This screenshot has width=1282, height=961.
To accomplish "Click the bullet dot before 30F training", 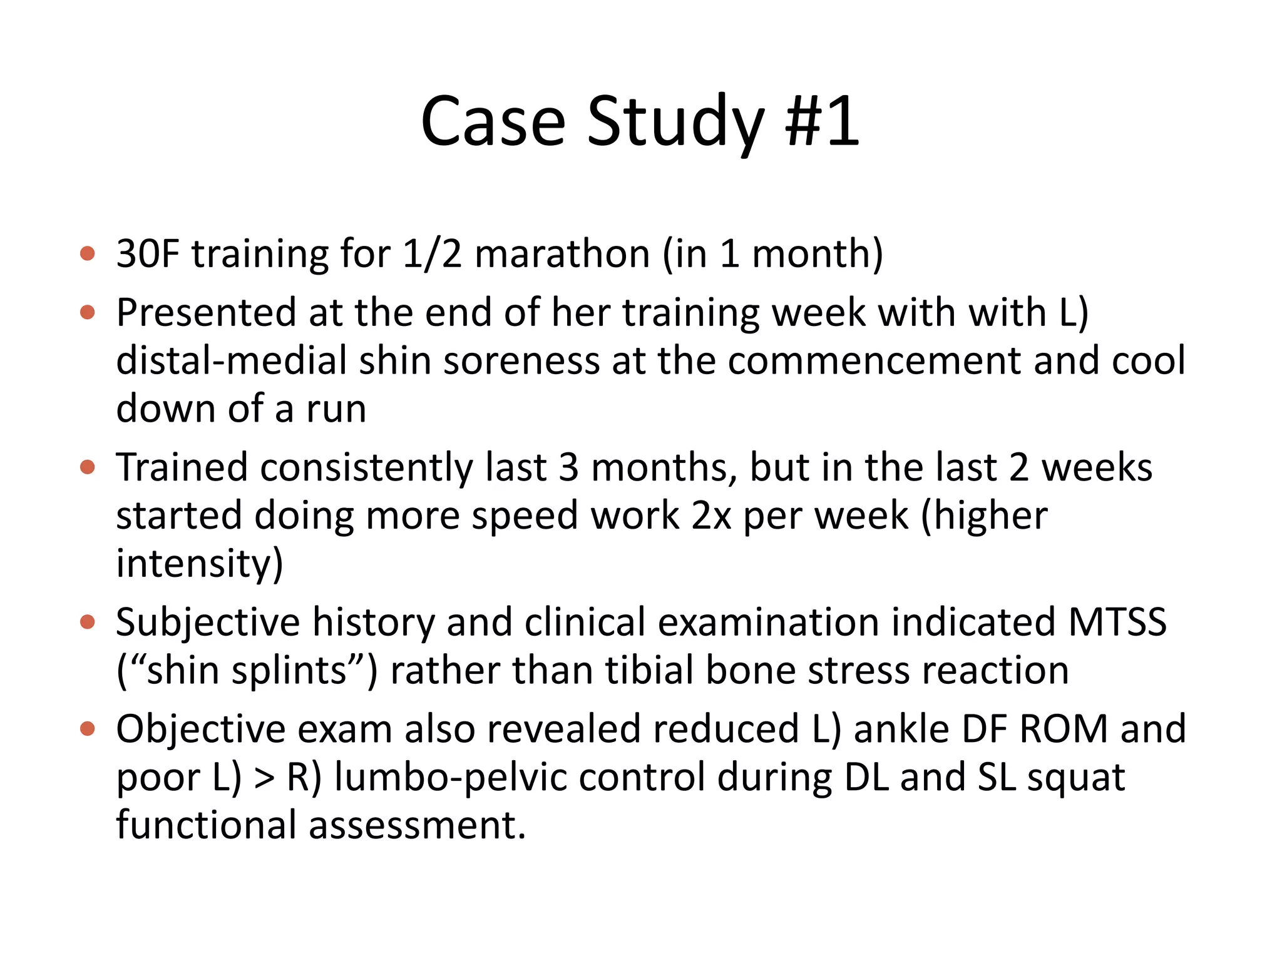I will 88,254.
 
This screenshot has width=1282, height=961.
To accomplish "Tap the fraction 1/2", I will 432,254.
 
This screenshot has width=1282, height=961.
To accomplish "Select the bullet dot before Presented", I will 88,312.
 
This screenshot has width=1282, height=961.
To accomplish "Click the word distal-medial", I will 232,360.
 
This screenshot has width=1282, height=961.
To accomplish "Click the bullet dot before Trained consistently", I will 88,467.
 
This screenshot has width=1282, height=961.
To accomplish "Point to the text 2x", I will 711,516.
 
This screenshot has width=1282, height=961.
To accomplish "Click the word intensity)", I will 200,564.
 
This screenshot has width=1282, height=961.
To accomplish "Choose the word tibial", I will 650,670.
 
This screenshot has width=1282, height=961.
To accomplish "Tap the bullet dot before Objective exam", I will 88,729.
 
